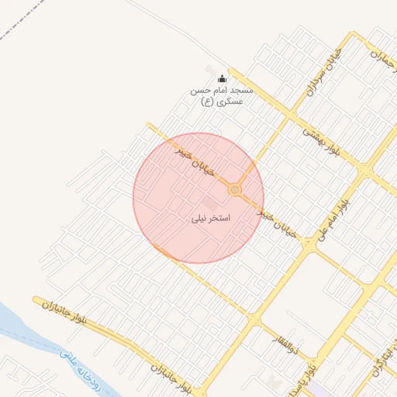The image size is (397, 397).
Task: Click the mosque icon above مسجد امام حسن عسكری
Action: tap(223, 78)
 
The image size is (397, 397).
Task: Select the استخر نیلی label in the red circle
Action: tap(211, 219)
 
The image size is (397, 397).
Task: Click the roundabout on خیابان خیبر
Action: tap(234, 190)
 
